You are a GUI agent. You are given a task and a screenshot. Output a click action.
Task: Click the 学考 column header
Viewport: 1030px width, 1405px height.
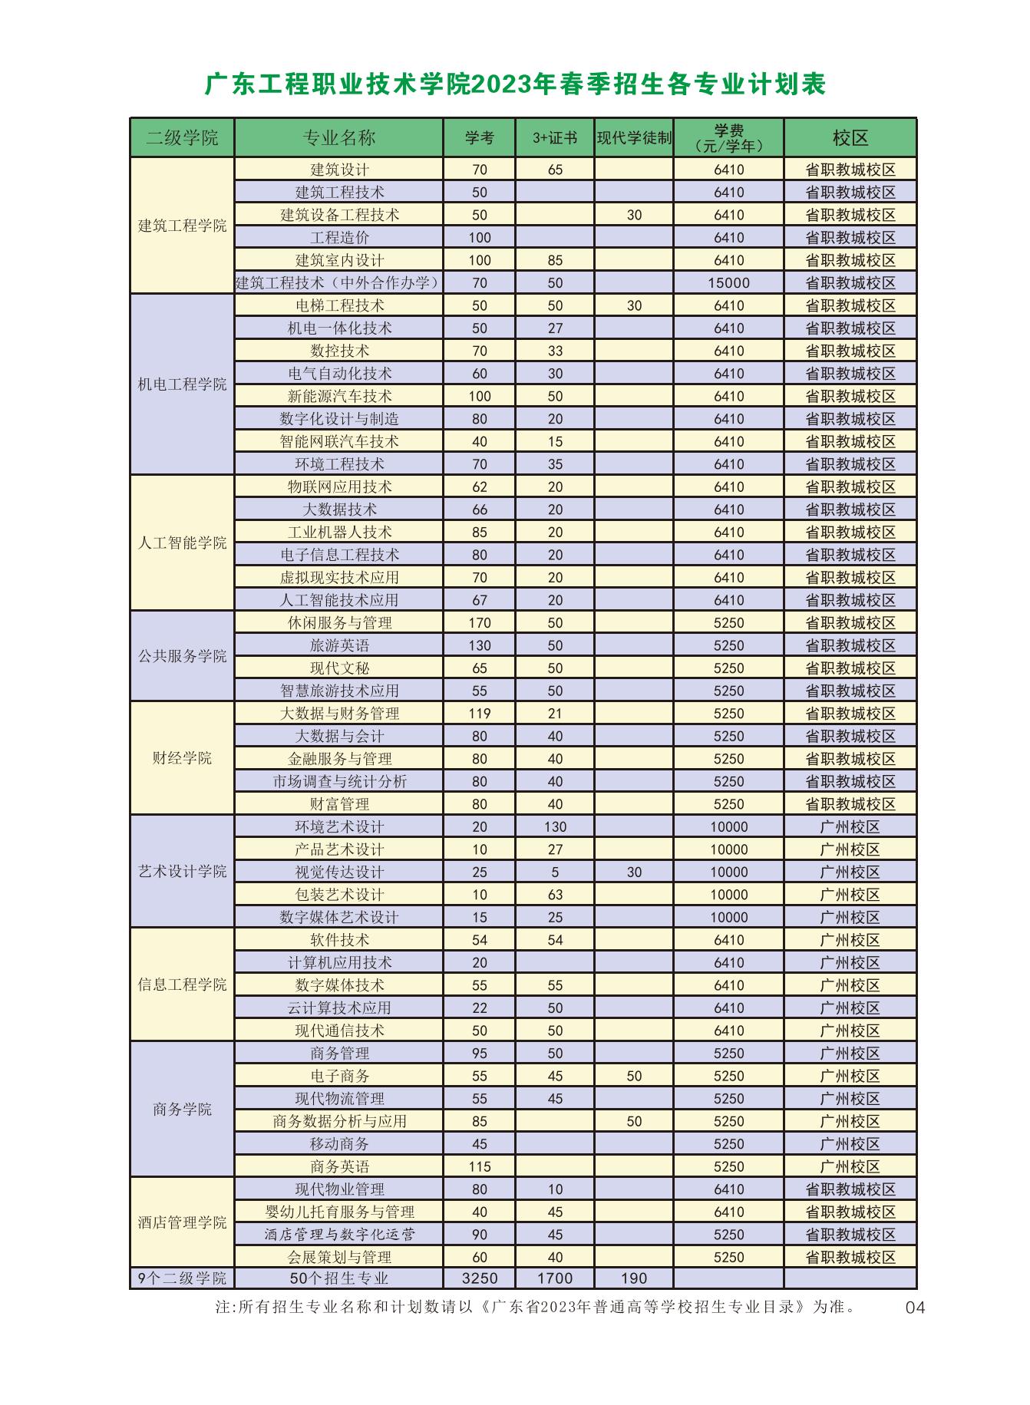tap(479, 138)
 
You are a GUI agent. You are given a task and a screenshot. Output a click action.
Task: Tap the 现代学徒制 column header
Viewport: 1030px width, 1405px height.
tap(634, 138)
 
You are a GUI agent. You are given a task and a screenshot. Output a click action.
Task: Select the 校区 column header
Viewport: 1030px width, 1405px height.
tap(850, 138)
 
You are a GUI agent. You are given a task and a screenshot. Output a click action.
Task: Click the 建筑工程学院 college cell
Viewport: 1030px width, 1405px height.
tap(182, 226)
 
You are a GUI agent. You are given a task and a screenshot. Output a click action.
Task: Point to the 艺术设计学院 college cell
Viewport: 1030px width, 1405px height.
tap(182, 872)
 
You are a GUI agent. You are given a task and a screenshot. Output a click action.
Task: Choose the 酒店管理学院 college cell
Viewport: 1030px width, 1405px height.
tap(182, 1222)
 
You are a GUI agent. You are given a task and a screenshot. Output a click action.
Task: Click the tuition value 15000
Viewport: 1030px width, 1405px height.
tap(728, 283)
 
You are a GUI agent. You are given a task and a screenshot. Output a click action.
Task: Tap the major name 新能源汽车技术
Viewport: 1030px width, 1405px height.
tap(339, 396)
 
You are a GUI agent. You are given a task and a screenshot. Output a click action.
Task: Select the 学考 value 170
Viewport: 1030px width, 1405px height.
tap(479, 623)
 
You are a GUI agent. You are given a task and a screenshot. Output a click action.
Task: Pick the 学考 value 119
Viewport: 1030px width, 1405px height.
tap(479, 714)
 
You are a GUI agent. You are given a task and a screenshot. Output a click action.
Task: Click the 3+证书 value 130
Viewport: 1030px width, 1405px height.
tap(555, 827)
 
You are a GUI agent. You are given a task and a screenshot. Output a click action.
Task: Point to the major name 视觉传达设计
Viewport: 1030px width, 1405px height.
tap(339, 872)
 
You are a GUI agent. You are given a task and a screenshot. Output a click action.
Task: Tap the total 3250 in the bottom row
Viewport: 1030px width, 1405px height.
tap(479, 1278)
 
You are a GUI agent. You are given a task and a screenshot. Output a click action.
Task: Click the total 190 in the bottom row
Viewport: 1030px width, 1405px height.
tap(634, 1278)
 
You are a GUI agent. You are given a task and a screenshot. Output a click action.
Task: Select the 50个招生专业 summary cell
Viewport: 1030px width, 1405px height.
tap(339, 1278)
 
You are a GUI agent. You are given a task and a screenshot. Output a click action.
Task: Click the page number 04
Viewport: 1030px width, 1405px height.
tap(915, 1308)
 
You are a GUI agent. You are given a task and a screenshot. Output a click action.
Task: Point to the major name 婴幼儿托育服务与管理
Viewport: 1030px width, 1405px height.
tap(339, 1212)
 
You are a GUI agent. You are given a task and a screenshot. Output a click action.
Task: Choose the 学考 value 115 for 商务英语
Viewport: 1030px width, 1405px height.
tap(479, 1166)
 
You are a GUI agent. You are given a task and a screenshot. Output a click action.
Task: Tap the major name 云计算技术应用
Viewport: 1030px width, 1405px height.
tap(339, 1008)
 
